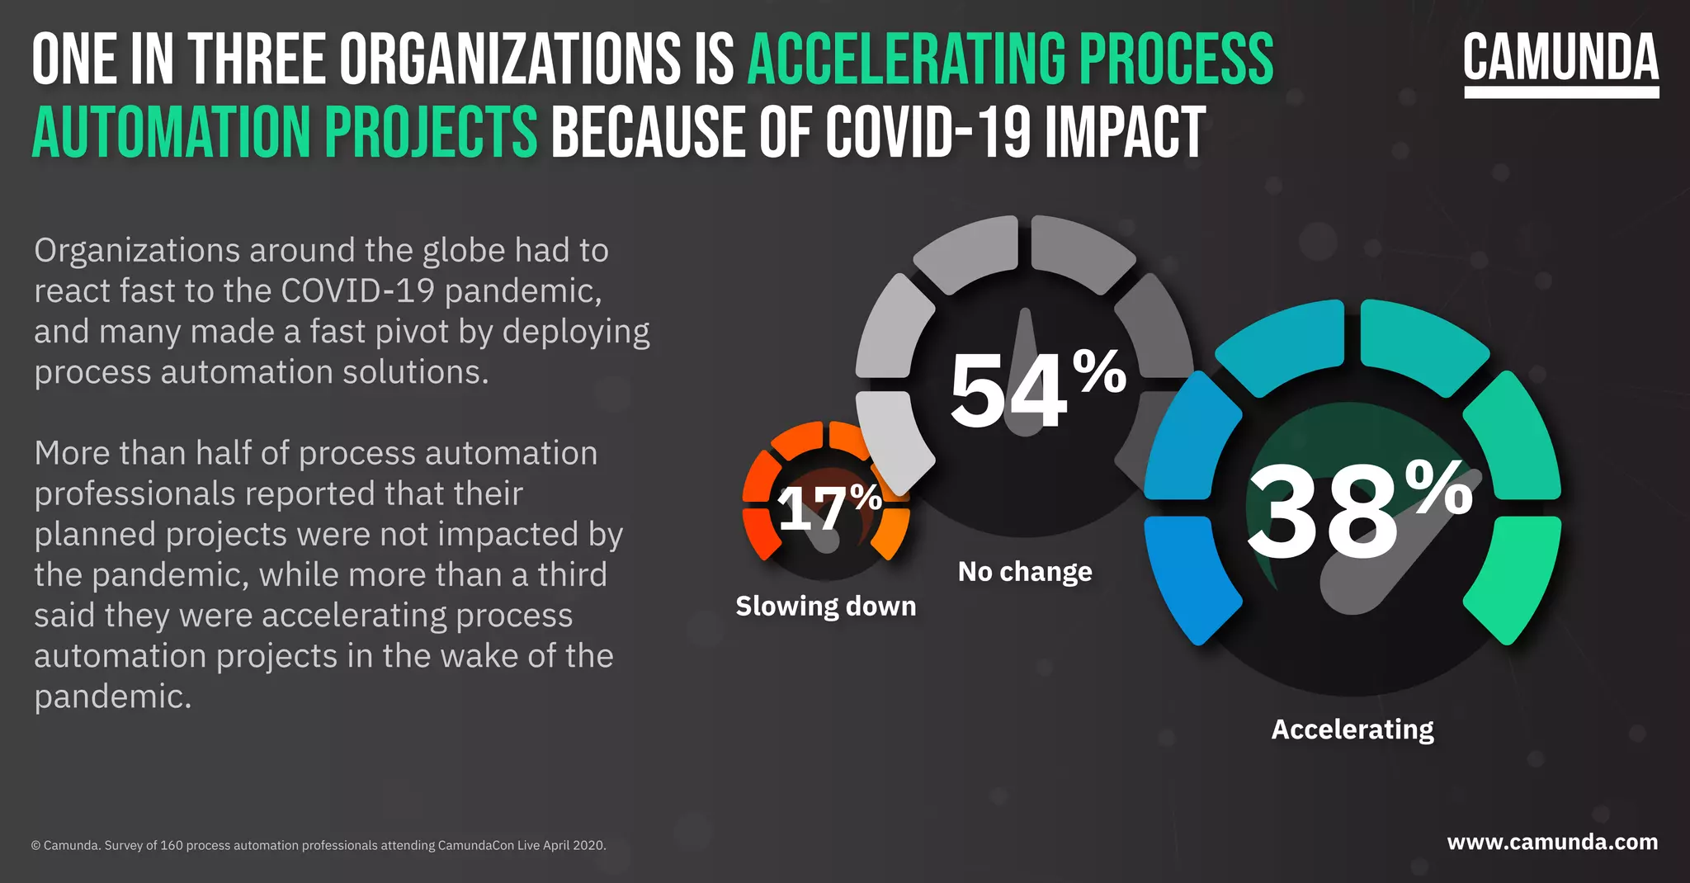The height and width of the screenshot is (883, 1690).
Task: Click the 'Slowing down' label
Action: (x=825, y=606)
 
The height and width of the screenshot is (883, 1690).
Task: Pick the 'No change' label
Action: (x=1025, y=571)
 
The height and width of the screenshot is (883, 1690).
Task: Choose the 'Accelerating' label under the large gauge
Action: (x=1352, y=730)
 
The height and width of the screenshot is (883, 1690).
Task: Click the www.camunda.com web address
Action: (x=1552, y=842)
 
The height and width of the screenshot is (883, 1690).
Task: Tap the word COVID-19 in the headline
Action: (x=928, y=132)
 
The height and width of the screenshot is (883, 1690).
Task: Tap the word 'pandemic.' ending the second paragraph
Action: (x=113, y=696)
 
